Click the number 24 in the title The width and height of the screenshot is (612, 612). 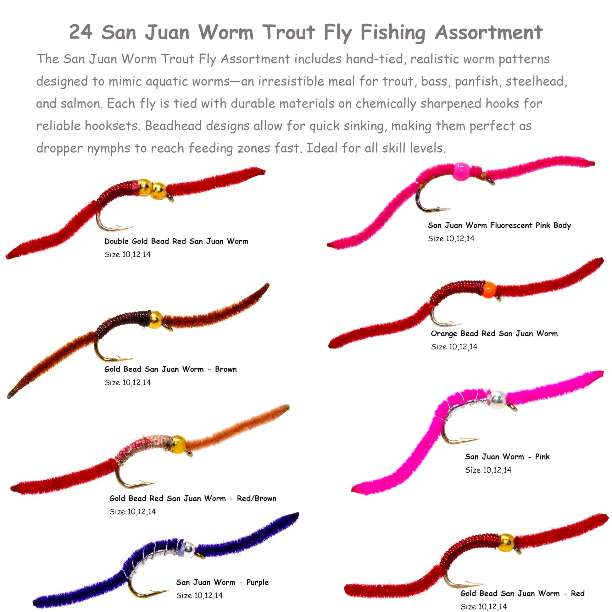[81, 32]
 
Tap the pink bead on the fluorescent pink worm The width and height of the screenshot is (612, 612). [461, 171]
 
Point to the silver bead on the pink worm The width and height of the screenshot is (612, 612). [498, 399]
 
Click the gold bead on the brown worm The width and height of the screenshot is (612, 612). [156, 320]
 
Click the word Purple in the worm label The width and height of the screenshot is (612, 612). [258, 582]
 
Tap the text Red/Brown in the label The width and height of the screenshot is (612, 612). [257, 498]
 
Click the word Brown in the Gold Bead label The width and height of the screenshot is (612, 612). [226, 369]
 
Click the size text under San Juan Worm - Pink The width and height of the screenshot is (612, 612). [488, 470]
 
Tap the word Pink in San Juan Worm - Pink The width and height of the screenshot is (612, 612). [542, 456]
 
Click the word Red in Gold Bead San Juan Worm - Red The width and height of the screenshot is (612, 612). [577, 593]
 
